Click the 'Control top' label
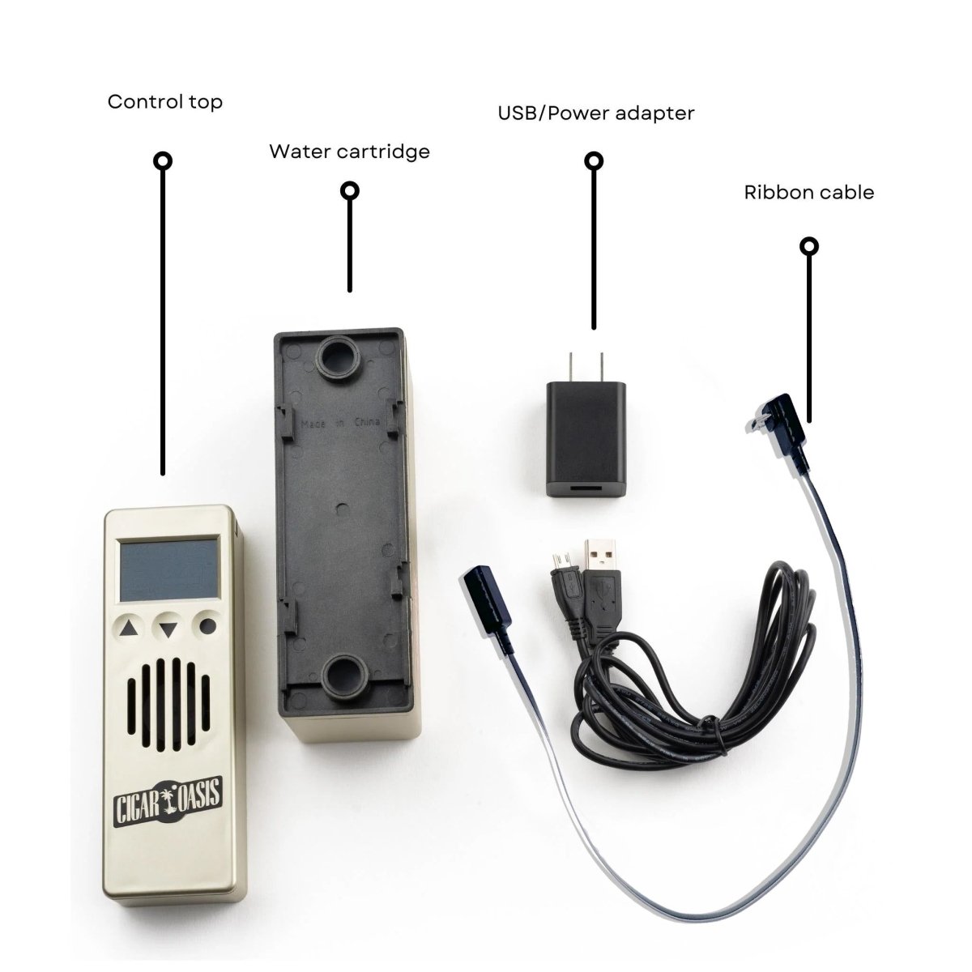164,102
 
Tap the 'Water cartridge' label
349,151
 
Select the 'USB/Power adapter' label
595,113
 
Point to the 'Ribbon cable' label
808,193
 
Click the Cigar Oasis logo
168,790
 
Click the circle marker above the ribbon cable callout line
808,246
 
